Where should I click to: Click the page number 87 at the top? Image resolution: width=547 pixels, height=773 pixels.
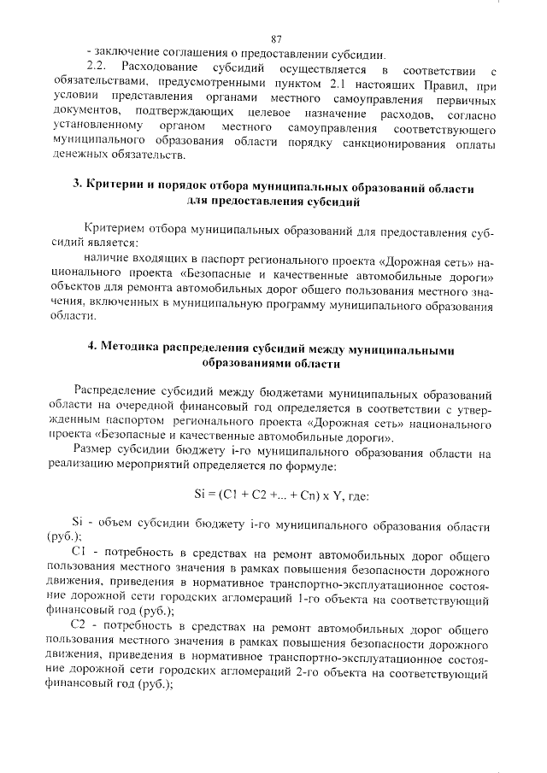click(x=276, y=38)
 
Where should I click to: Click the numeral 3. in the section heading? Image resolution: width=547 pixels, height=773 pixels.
click(x=77, y=186)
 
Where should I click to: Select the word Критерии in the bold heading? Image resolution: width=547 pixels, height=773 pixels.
click(x=115, y=186)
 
